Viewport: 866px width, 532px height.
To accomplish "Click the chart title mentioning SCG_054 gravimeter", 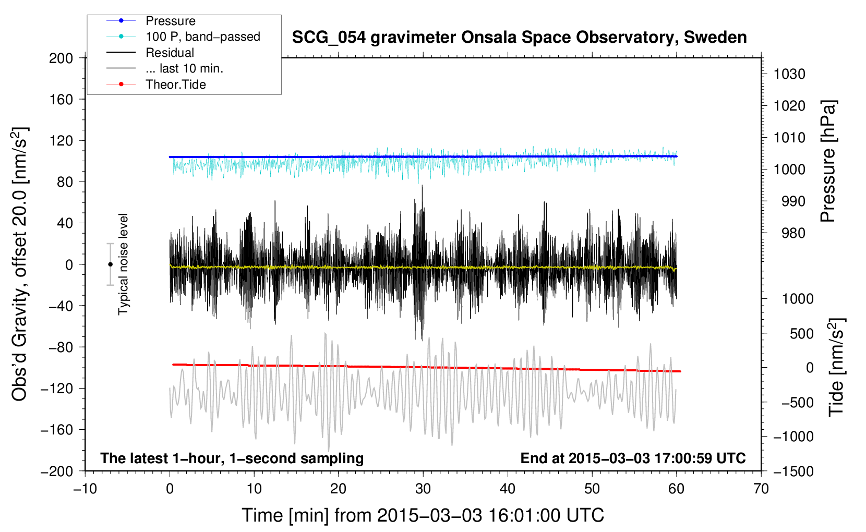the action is pyautogui.click(x=519, y=38).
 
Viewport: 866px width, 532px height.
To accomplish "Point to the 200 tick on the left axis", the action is pyautogui.click(x=61, y=58).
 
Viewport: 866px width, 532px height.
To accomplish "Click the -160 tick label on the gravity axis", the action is pyautogui.click(x=56, y=430).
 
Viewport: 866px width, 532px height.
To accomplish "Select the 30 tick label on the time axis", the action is pyautogui.click(x=423, y=489).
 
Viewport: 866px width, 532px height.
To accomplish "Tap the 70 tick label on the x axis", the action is pyautogui.click(x=761, y=489).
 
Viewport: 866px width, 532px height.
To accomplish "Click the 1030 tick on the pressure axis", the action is pyautogui.click(x=789, y=74).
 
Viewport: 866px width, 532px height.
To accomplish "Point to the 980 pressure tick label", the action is pyautogui.click(x=793, y=233).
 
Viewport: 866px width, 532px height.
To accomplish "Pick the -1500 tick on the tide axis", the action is pyautogui.click(x=793, y=471).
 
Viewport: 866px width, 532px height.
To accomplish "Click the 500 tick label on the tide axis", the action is pyautogui.click(x=801, y=333).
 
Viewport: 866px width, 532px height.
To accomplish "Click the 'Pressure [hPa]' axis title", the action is pyautogui.click(x=828, y=161).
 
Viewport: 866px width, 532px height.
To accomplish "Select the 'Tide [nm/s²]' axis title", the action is pyautogui.click(x=837, y=367).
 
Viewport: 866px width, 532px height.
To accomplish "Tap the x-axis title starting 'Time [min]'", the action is pyautogui.click(x=423, y=515).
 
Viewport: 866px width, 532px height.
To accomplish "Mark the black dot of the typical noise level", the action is pyautogui.click(x=110, y=264).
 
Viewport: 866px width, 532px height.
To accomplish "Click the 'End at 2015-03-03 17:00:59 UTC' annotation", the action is pyautogui.click(x=633, y=458).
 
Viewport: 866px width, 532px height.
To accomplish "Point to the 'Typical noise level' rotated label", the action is pyautogui.click(x=123, y=264).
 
